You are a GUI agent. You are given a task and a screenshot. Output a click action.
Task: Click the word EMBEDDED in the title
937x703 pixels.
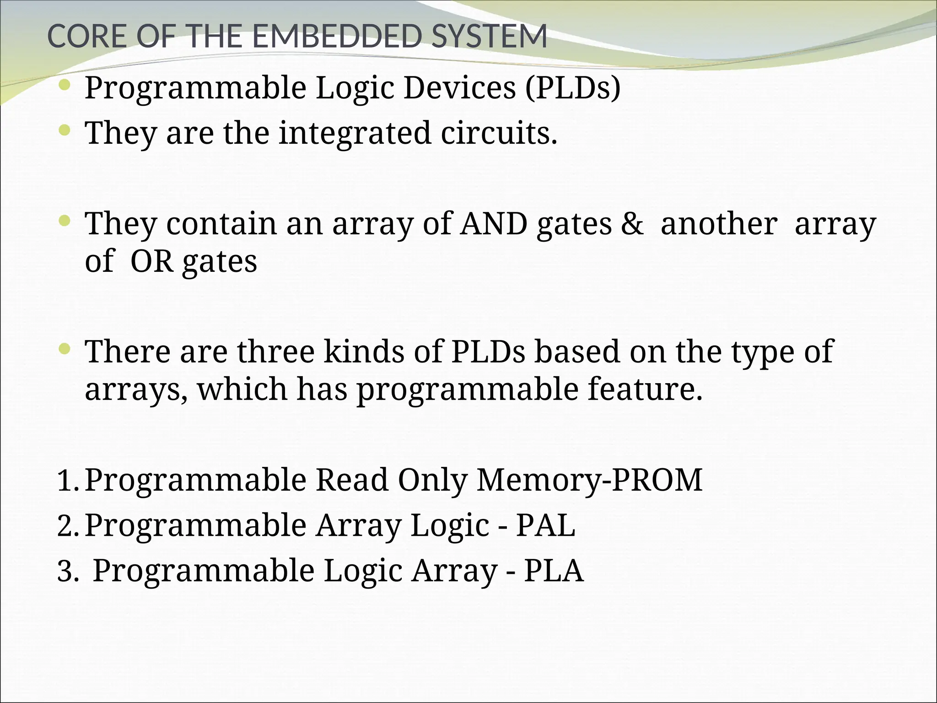pyautogui.click(x=336, y=36)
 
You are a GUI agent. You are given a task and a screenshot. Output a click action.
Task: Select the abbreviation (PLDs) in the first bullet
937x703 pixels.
pyautogui.click(x=573, y=87)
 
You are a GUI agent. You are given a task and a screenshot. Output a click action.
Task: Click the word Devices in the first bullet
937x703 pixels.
pyautogui.click(x=460, y=87)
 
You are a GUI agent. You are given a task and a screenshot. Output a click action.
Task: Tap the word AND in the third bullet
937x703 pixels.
pyautogui.click(x=494, y=224)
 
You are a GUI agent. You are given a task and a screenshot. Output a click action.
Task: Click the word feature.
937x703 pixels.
pyautogui.click(x=645, y=389)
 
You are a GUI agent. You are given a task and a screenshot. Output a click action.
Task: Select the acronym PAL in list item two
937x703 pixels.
pyautogui.click(x=546, y=525)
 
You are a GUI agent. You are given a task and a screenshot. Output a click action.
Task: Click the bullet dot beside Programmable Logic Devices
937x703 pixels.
pyautogui.click(x=65, y=85)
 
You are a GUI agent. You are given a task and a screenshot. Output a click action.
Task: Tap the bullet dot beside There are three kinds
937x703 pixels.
pyautogui.click(x=65, y=350)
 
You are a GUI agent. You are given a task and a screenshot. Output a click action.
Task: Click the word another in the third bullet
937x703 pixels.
pyautogui.click(x=719, y=224)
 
